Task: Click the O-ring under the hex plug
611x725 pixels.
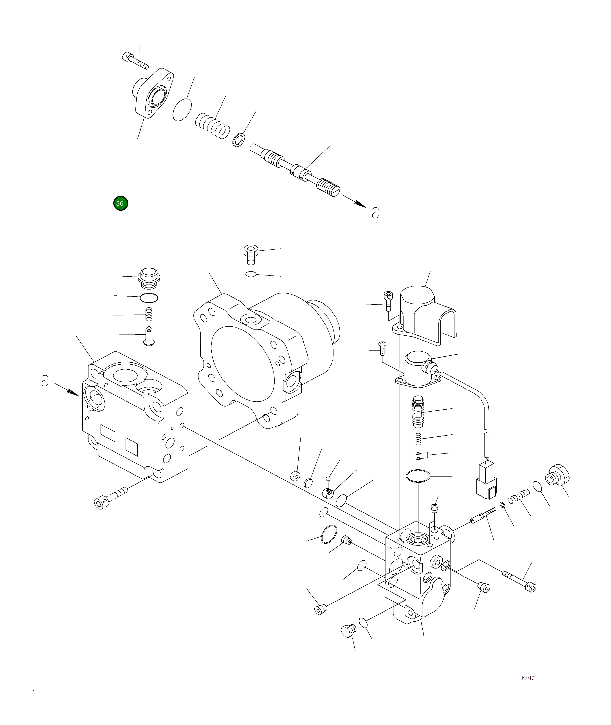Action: tap(149, 297)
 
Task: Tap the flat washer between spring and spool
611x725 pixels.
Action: tap(238, 139)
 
